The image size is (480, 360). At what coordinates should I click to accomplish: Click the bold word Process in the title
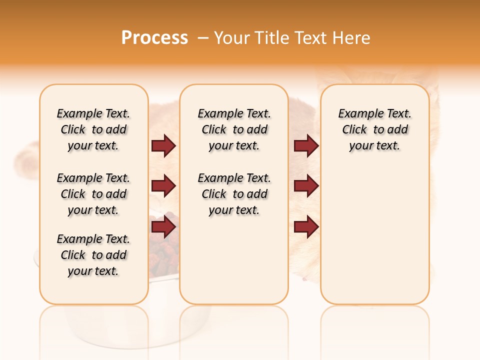pyautogui.click(x=154, y=37)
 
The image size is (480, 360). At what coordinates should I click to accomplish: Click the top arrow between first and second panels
pyautogui.click(x=163, y=145)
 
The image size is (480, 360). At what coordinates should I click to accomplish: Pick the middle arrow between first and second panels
pyautogui.click(x=163, y=186)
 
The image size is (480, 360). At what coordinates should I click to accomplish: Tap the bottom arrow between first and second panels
pyautogui.click(x=163, y=227)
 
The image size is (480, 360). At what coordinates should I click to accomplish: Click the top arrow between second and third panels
pyautogui.click(x=306, y=145)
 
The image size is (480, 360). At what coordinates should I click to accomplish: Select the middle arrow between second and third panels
pyautogui.click(x=306, y=186)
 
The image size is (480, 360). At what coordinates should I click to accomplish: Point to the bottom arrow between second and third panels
pyautogui.click(x=306, y=227)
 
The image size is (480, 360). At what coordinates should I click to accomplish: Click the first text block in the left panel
pyautogui.click(x=93, y=129)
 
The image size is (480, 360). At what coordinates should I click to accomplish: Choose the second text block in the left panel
pyautogui.click(x=93, y=194)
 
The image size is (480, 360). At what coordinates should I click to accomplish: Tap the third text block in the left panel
pyautogui.click(x=93, y=255)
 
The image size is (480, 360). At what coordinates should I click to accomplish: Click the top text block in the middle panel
pyautogui.click(x=234, y=129)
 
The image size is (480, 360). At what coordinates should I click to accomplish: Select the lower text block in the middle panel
pyautogui.click(x=234, y=194)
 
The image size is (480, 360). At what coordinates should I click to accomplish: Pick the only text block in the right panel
pyautogui.click(x=374, y=129)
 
